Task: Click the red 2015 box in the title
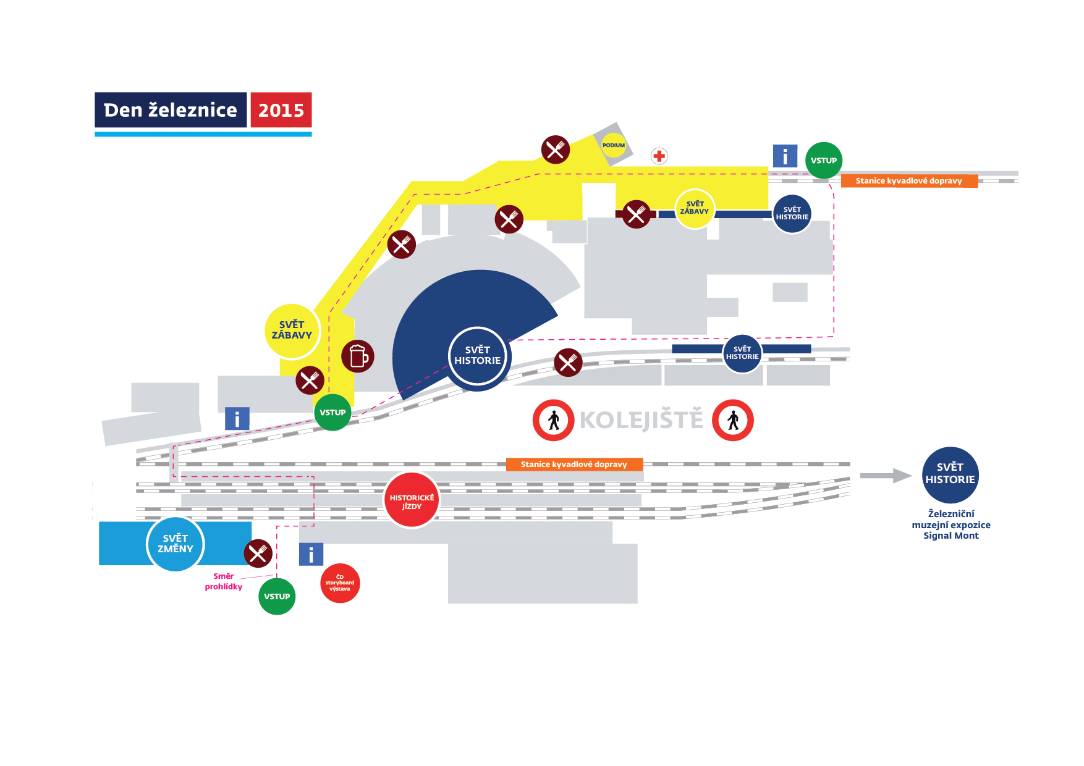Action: (281, 110)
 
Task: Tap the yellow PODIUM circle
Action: (614, 145)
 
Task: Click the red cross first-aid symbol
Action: (659, 156)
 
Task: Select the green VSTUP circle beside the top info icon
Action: (823, 161)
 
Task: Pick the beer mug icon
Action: (358, 356)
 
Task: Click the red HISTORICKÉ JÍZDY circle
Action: (412, 501)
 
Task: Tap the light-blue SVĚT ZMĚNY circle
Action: (176, 544)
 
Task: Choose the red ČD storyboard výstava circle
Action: (340, 583)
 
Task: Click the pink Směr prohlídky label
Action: (224, 581)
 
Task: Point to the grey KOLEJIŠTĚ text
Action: (642, 420)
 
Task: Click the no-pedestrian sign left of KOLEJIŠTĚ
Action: (554, 421)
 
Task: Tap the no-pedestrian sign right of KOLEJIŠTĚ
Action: (733, 421)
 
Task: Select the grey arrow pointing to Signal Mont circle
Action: (886, 476)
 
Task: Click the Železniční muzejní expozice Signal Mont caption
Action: (951, 524)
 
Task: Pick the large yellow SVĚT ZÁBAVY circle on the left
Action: (292, 330)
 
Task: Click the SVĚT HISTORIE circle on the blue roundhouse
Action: (478, 356)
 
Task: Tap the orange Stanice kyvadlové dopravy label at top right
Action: (908, 181)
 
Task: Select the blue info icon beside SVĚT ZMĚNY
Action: (311, 555)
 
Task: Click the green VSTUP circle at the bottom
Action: (277, 597)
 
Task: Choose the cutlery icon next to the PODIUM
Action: (556, 149)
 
